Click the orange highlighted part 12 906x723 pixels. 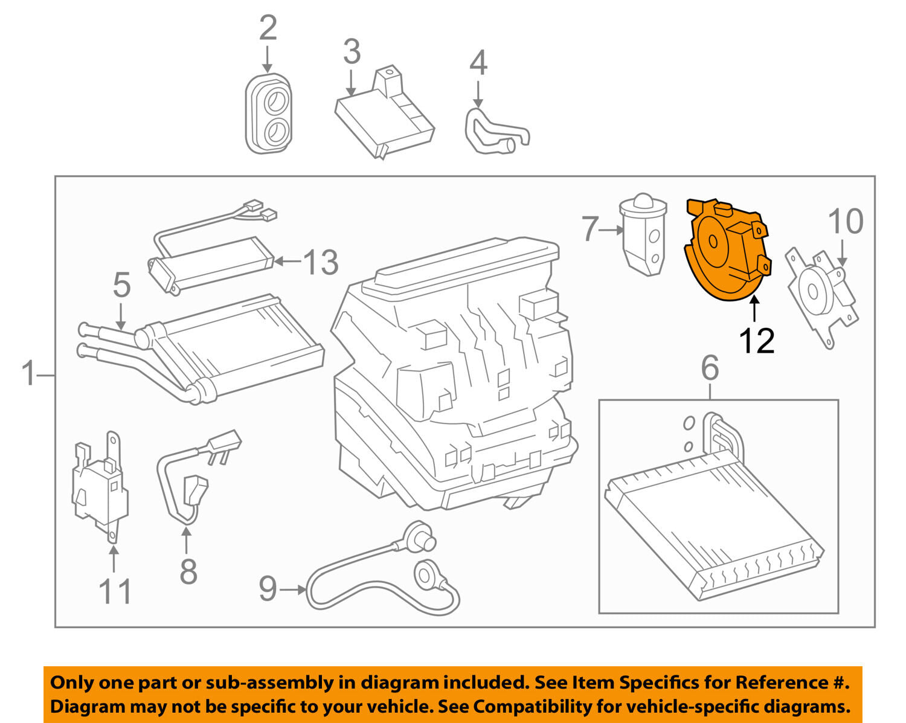(x=726, y=252)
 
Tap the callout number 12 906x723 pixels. (x=757, y=341)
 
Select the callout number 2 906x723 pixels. (x=268, y=28)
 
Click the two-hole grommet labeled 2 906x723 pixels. (x=269, y=114)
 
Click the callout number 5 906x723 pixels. (x=122, y=285)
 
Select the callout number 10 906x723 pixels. (x=846, y=221)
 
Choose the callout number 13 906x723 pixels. (x=321, y=262)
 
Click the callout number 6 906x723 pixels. (x=710, y=368)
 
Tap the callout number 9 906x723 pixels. (x=268, y=589)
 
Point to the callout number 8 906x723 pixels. (x=188, y=571)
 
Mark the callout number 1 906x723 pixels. (x=29, y=373)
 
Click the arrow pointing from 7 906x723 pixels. (x=611, y=230)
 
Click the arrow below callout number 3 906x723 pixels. (x=351, y=83)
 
